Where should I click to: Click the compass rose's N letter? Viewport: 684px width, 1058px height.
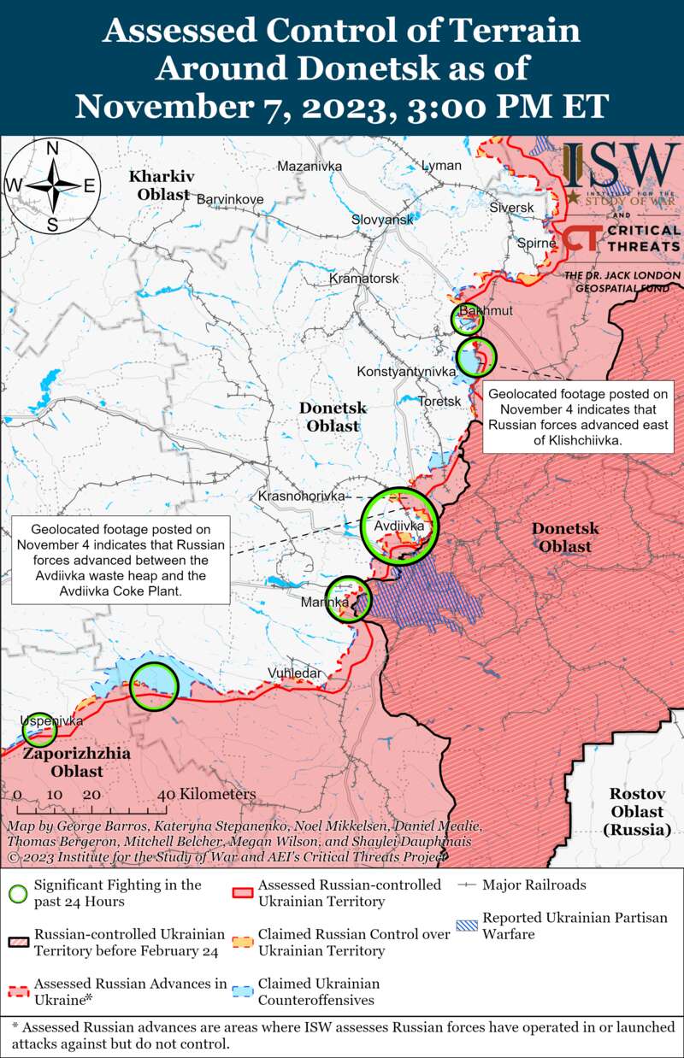(x=51, y=148)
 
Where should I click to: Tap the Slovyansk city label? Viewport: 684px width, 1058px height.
(x=382, y=220)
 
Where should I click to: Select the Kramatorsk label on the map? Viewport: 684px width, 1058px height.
(x=364, y=279)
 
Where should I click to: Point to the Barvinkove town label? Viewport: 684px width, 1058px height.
(x=230, y=199)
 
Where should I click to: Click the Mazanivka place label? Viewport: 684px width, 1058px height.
(x=310, y=165)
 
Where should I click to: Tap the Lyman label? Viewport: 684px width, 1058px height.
(x=441, y=165)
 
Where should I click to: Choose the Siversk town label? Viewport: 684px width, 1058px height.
(x=511, y=208)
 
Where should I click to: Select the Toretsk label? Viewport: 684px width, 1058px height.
(x=440, y=401)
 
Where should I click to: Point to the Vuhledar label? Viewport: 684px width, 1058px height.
(x=295, y=673)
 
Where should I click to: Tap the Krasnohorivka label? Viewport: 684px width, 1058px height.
(x=301, y=496)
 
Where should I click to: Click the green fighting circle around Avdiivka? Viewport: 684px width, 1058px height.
(x=398, y=525)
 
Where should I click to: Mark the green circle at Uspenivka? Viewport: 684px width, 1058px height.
(x=39, y=730)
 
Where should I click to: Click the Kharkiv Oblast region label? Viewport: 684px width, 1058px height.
(x=159, y=185)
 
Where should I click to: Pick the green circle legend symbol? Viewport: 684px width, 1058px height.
(x=18, y=893)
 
